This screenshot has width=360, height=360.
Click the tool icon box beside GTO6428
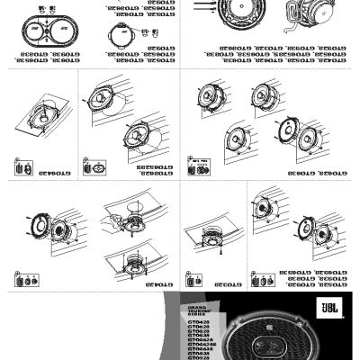(22, 168)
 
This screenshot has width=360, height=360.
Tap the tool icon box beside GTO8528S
(92, 168)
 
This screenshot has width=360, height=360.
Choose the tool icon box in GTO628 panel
(198, 166)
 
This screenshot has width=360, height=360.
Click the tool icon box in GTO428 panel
(22, 280)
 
